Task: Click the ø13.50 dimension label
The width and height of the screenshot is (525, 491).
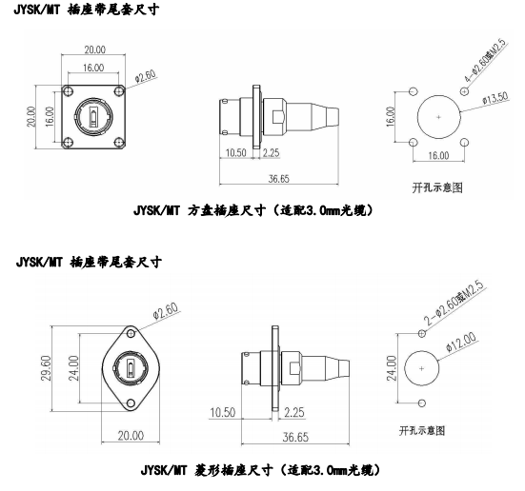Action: point(495,98)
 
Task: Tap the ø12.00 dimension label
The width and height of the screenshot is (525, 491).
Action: point(461,342)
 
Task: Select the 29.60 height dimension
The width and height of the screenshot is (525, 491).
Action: point(46,368)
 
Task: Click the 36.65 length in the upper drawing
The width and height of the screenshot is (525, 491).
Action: point(278,179)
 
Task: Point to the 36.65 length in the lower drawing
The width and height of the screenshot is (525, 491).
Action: point(295,437)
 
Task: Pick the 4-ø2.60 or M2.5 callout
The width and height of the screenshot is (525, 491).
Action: point(485,61)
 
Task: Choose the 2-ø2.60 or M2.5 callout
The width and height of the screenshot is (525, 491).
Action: point(454,304)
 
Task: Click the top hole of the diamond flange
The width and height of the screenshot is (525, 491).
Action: point(131,333)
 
